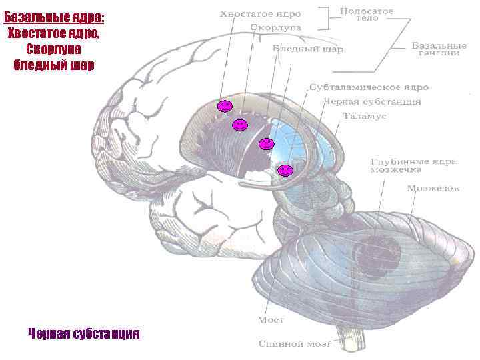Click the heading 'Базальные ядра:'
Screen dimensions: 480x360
53,17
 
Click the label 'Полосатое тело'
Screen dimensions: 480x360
367,14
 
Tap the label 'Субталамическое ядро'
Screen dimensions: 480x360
369,87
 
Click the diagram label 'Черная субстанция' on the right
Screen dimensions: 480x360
372,101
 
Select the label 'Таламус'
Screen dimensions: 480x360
361,115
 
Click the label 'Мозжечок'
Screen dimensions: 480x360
433,188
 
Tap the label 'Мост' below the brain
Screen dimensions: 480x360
271,320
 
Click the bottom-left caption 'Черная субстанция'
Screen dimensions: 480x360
84,333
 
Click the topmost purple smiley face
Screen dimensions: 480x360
225,107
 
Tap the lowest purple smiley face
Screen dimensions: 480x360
285,170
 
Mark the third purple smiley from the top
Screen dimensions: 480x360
266,143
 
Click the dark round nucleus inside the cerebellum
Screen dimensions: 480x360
377,253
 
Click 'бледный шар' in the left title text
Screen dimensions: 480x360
53,65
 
